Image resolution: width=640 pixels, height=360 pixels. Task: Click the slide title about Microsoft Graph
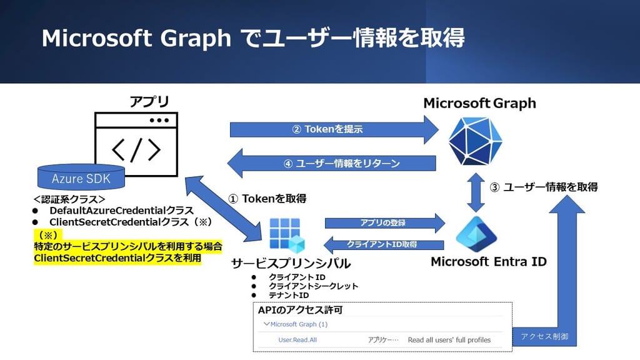tap(253, 38)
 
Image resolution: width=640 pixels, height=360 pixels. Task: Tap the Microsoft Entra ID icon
tap(477, 233)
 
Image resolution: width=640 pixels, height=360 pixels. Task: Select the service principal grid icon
tap(286, 235)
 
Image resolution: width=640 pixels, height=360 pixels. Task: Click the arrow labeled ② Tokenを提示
tap(331, 130)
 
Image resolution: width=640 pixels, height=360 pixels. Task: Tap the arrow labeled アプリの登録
tap(382, 222)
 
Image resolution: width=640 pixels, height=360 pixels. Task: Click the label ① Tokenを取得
tap(267, 199)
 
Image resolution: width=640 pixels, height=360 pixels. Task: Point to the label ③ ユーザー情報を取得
tap(544, 186)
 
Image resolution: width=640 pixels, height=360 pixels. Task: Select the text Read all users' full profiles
tap(449, 340)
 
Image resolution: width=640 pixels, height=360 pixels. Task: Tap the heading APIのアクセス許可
tap(300, 310)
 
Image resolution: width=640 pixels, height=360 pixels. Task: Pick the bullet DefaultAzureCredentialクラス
tap(121, 211)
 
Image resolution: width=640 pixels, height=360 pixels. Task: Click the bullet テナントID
tap(289, 295)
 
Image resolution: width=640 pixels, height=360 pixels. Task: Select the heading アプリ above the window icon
tap(149, 102)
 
